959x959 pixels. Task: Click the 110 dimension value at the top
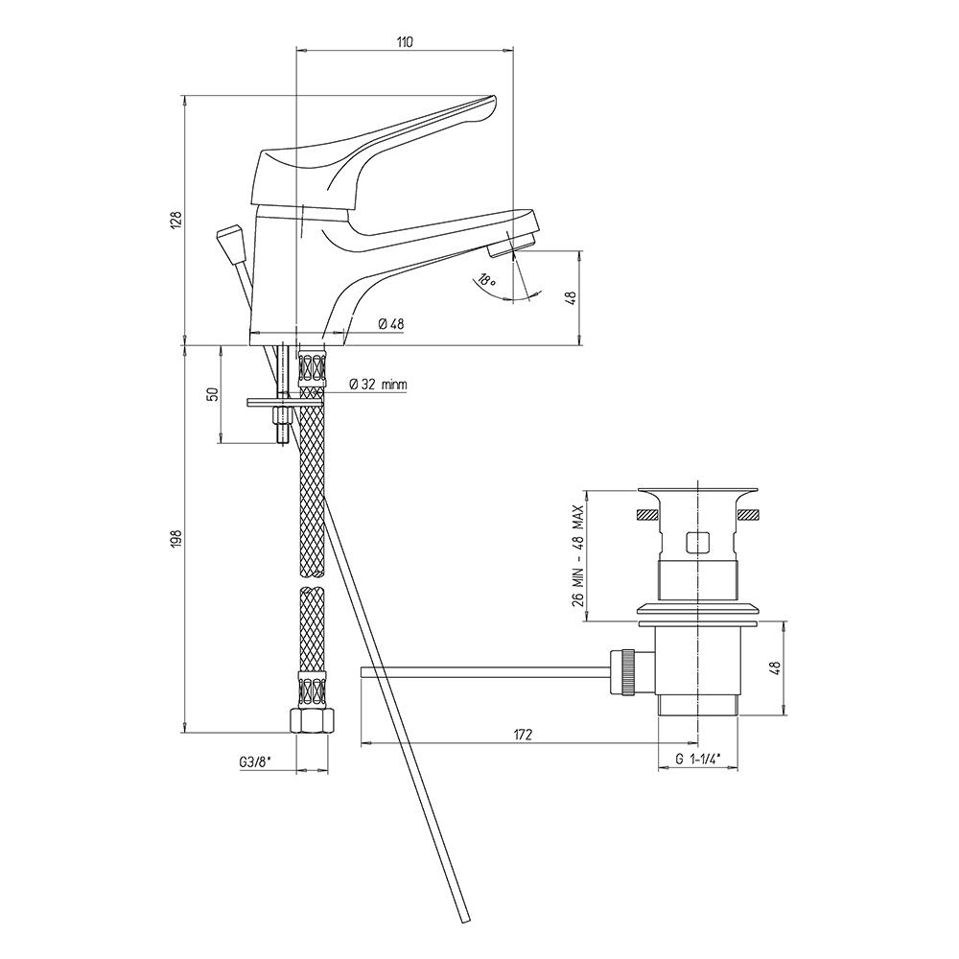[405, 41]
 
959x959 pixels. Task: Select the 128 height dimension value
[176, 221]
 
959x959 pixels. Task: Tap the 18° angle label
[485, 281]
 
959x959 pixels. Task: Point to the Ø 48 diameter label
[391, 324]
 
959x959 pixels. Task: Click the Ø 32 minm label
[377, 385]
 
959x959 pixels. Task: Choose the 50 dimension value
[214, 394]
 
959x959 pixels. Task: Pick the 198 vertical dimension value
[176, 539]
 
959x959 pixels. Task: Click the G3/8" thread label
[255, 762]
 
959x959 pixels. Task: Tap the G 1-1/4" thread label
[698, 759]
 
